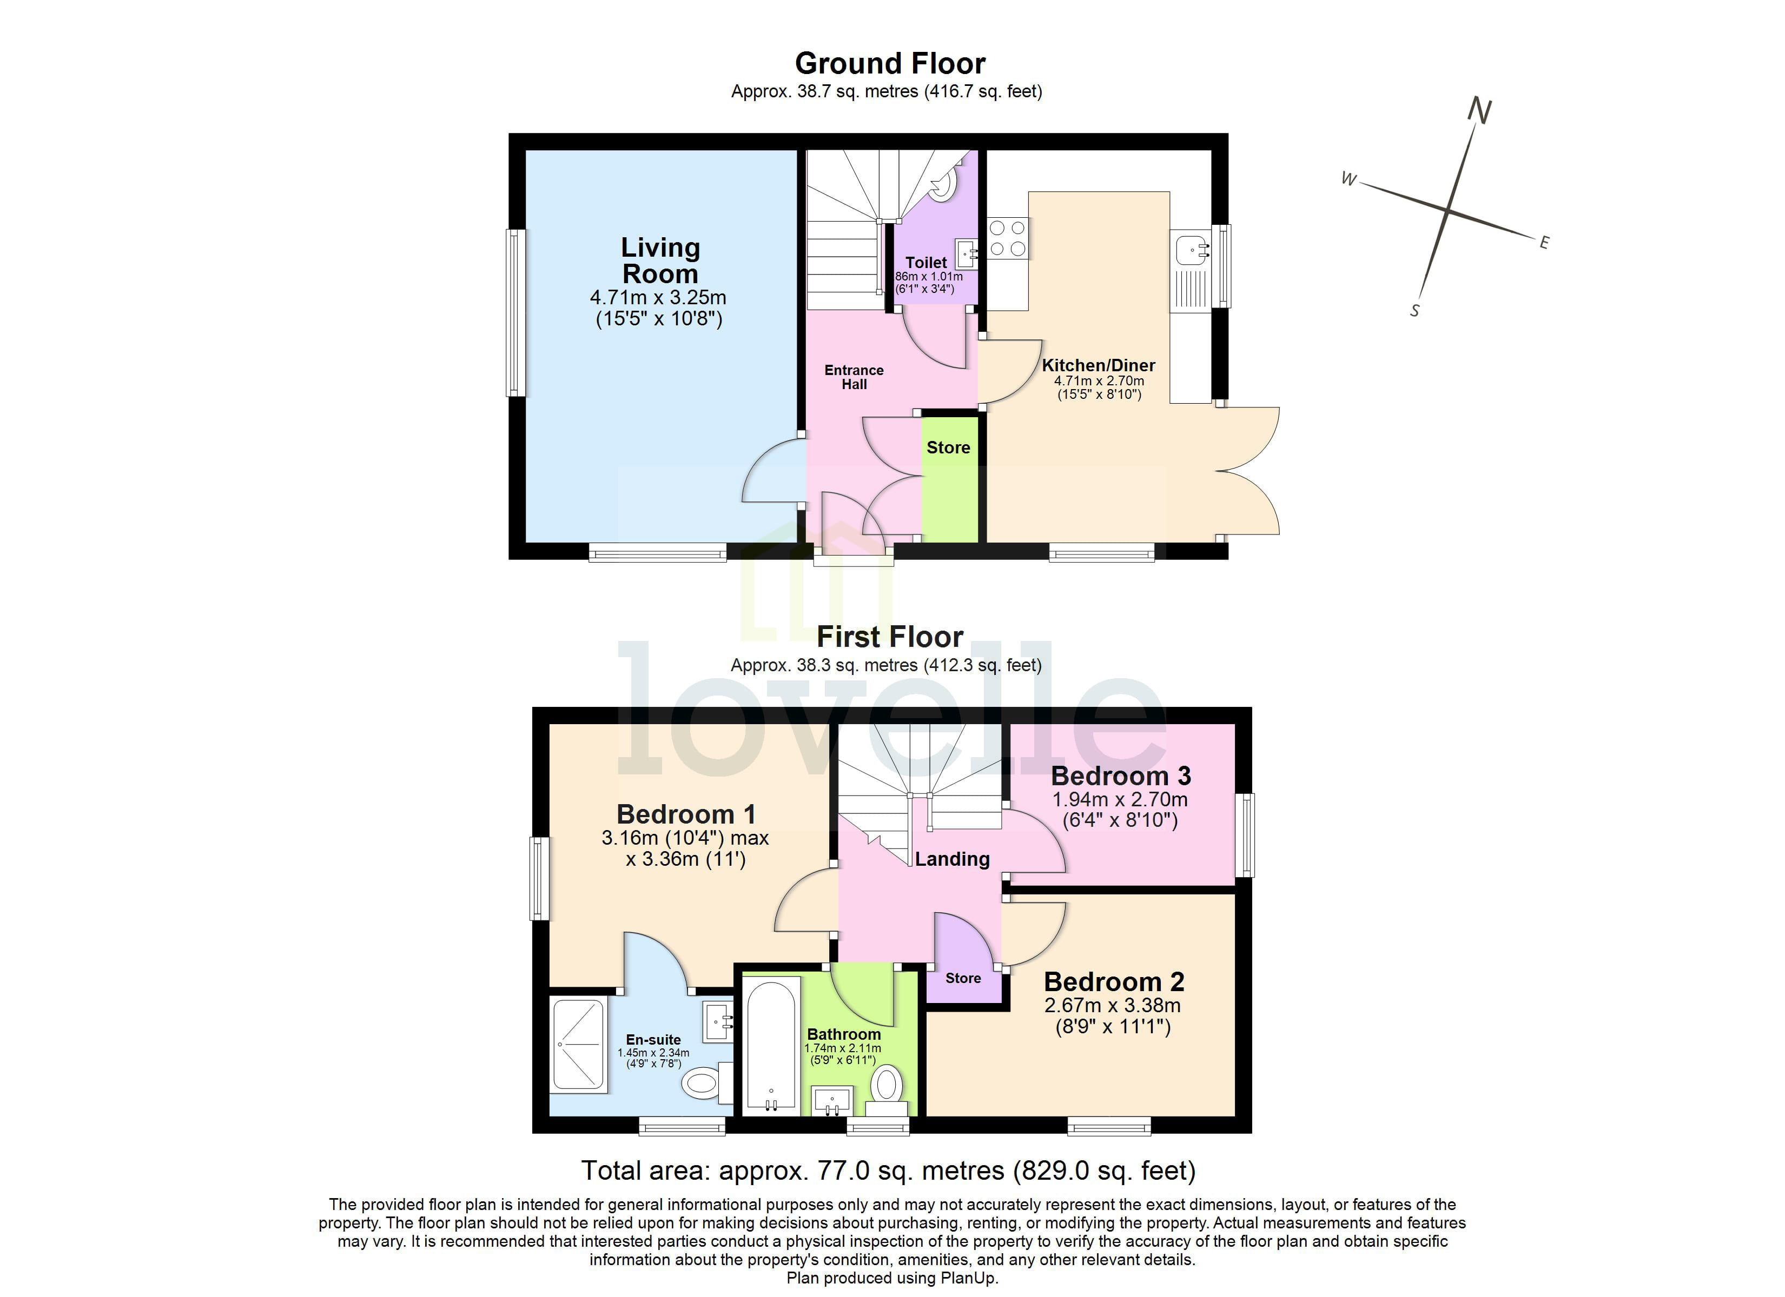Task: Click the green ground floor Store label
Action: pos(948,447)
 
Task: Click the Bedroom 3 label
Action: pos(1121,777)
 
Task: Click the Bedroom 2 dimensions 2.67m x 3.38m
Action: pos(1112,1005)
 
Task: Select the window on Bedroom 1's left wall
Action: pos(539,879)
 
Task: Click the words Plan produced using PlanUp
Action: pos(892,1278)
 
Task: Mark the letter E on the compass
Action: pos(1544,243)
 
